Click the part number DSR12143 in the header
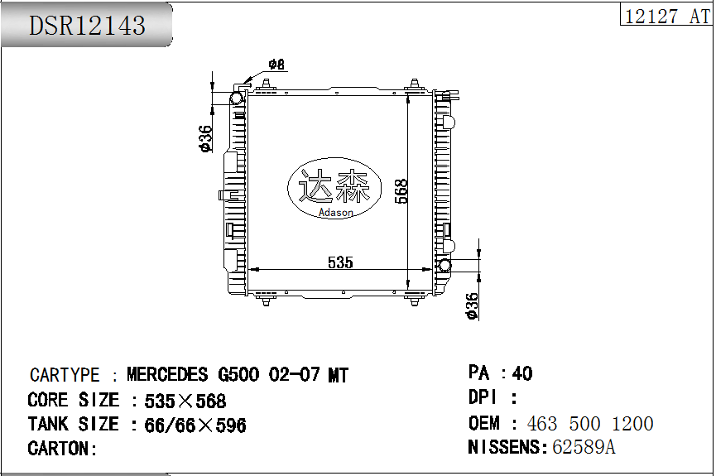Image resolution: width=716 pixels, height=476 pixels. click(x=87, y=25)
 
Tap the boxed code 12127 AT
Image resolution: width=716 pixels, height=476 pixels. click(x=666, y=16)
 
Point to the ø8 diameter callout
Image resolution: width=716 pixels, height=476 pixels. click(x=276, y=65)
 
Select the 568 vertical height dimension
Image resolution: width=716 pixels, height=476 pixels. click(x=401, y=191)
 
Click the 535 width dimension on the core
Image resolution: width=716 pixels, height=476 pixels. click(x=340, y=262)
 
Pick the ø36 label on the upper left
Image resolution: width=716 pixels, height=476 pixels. click(x=205, y=138)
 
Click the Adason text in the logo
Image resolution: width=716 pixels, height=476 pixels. click(x=335, y=213)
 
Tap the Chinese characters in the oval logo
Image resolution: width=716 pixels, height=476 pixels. click(x=334, y=185)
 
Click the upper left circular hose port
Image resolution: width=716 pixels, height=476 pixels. click(x=237, y=99)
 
